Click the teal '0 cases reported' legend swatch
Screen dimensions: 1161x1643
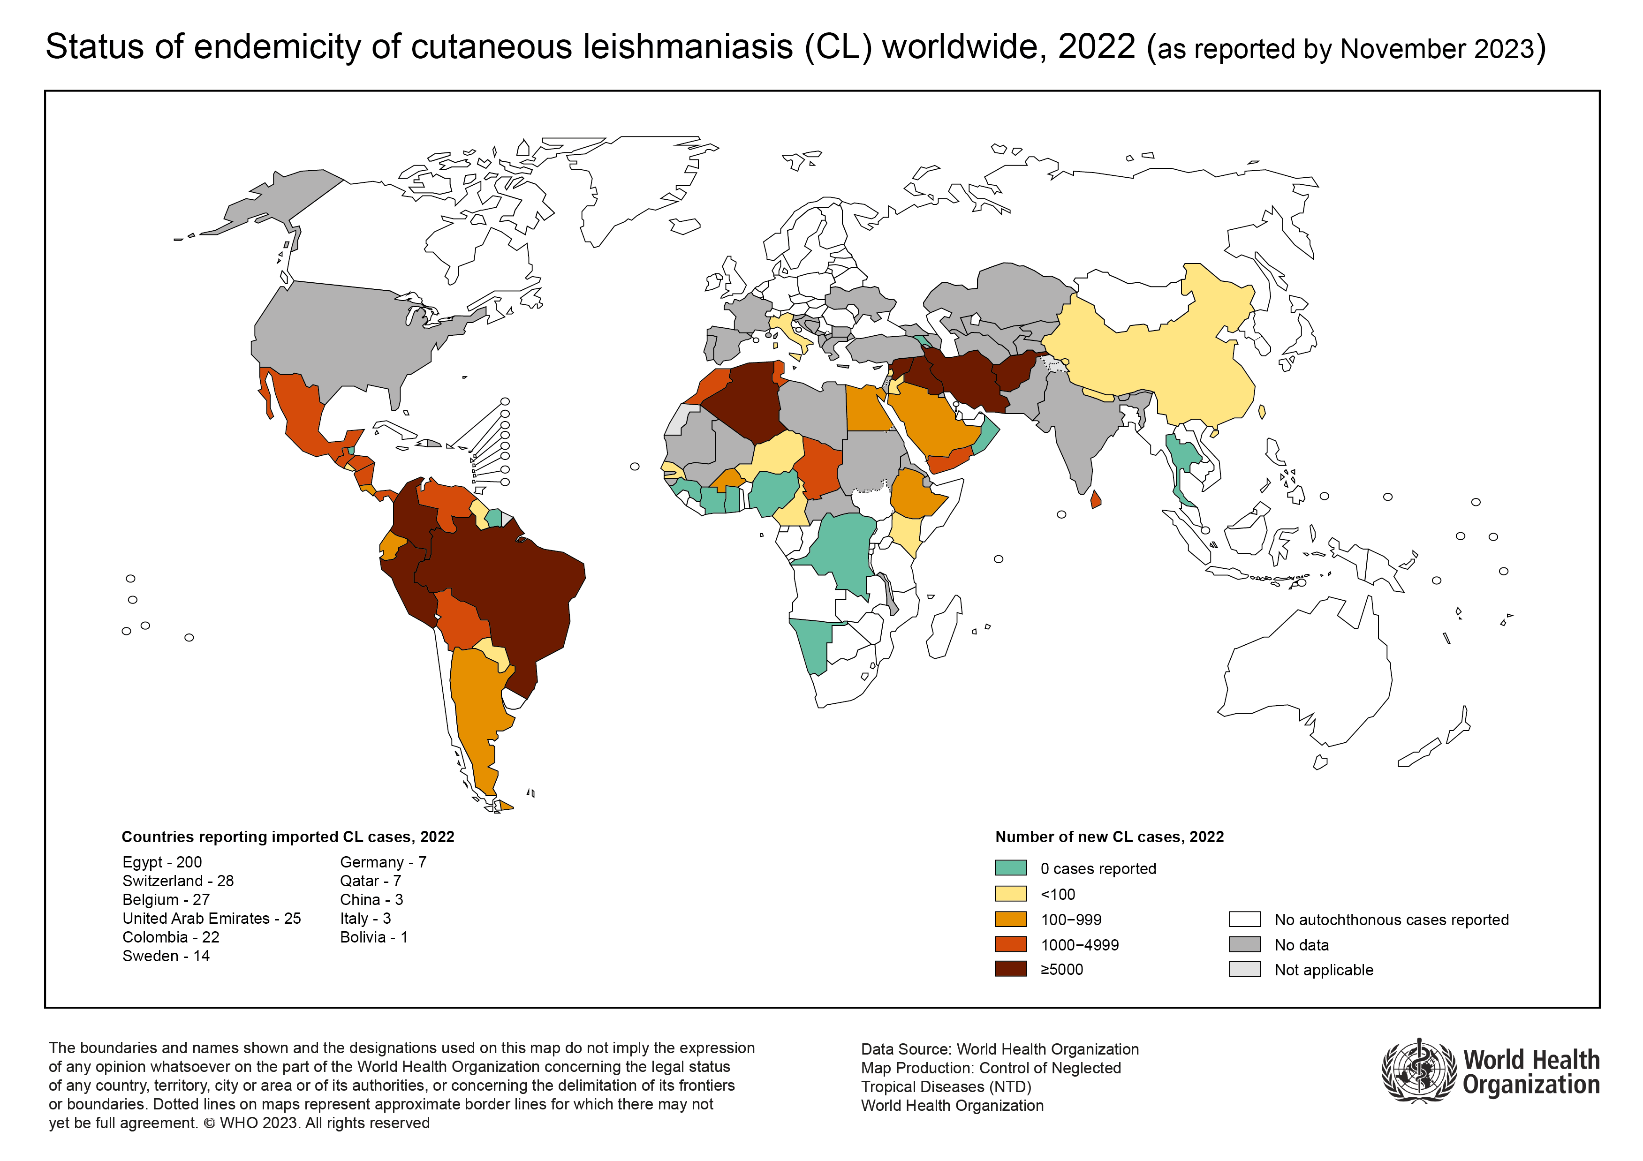coord(1010,868)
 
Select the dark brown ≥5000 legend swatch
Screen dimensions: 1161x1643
coord(1010,969)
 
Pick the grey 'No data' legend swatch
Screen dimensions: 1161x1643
coord(1244,944)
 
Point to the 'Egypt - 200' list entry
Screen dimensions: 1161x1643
coord(162,862)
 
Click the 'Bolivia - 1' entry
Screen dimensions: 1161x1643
coord(373,937)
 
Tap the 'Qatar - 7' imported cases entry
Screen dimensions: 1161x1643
coord(370,881)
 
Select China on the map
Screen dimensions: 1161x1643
coord(1159,358)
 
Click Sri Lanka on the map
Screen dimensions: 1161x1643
coord(1095,499)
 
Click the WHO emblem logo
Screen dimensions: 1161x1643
coord(1418,1071)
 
